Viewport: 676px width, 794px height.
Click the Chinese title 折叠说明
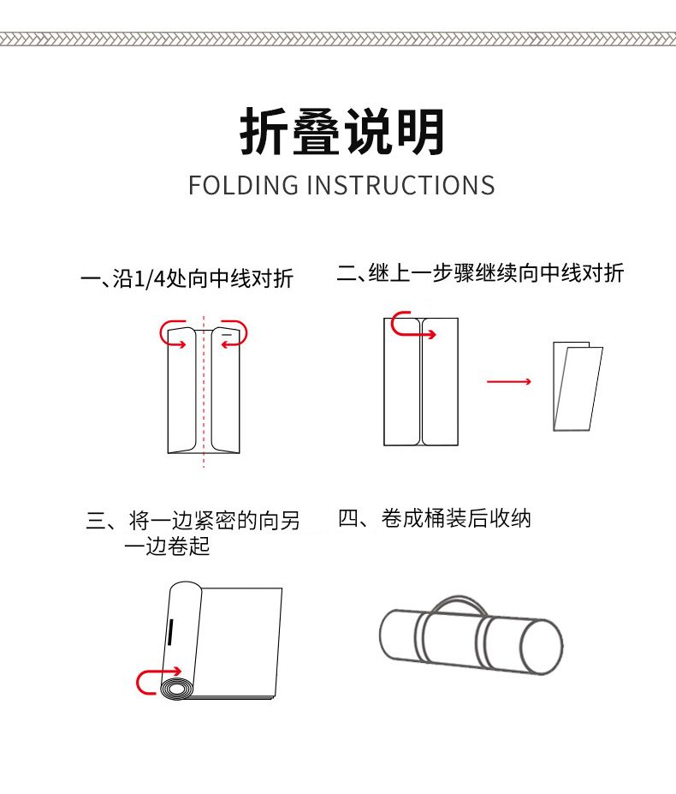tap(342, 132)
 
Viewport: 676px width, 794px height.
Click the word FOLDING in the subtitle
tap(243, 185)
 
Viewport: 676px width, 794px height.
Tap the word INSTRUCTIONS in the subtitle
tap(401, 185)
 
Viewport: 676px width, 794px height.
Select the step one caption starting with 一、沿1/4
tap(187, 278)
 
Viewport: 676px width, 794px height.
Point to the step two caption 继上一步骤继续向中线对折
tap(495, 273)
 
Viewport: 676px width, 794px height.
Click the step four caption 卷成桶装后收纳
tap(456, 518)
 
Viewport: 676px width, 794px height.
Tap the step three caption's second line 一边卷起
tap(167, 546)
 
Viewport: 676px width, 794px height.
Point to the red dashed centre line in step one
tap(204, 391)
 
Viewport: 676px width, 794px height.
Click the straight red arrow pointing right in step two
tap(509, 381)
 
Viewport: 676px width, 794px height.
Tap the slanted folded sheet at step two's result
tap(578, 387)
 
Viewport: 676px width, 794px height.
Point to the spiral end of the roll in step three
tap(177, 690)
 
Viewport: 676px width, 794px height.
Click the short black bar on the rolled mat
tap(170, 632)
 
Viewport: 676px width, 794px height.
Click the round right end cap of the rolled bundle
tap(542, 648)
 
